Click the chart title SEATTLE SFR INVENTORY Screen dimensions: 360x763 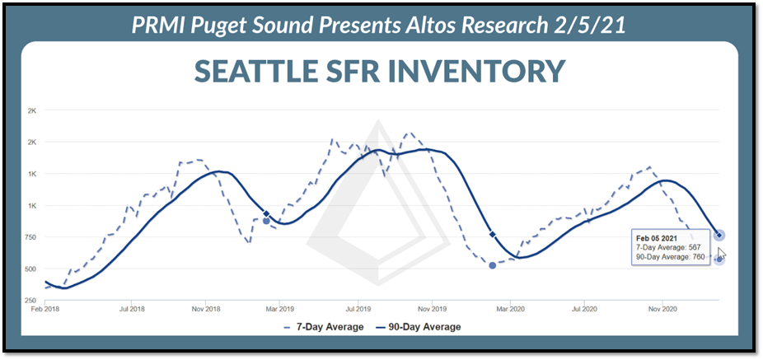[380, 70]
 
